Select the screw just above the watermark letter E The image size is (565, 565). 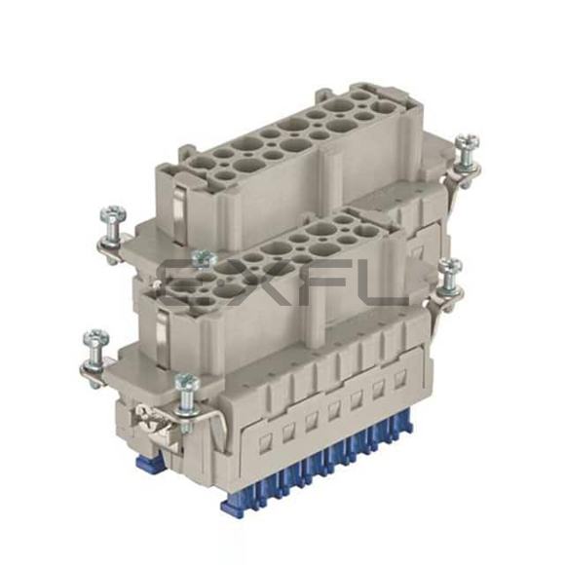204,260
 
